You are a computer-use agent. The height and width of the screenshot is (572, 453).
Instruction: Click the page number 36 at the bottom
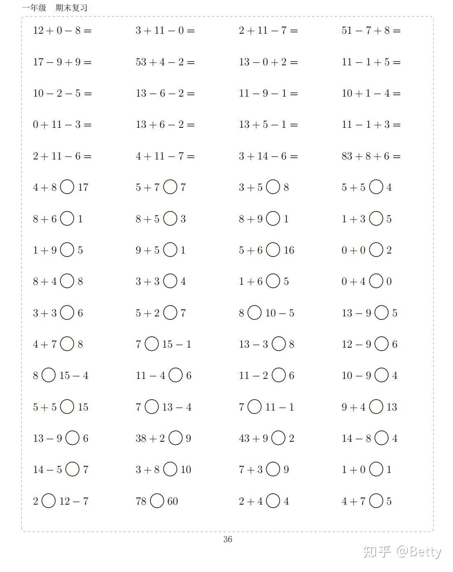click(228, 540)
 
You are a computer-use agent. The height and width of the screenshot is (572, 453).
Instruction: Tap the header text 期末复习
click(72, 8)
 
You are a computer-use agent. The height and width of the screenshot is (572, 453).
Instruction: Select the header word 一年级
click(34, 8)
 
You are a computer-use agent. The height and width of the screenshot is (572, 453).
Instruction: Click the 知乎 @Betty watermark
click(402, 551)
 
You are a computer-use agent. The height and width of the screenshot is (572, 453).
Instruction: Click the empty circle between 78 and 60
click(157, 501)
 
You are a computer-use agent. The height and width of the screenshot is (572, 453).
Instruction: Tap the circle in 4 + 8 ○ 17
click(67, 187)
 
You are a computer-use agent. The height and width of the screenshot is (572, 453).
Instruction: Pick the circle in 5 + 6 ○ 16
click(273, 250)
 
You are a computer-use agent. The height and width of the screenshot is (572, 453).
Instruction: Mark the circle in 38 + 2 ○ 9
click(176, 438)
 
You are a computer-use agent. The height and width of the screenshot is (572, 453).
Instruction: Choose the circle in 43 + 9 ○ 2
click(279, 438)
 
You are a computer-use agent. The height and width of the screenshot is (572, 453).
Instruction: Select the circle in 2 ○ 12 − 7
click(49, 501)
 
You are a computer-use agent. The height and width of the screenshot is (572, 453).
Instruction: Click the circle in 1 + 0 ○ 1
click(376, 469)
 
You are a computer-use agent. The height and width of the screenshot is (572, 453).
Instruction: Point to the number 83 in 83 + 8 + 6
click(347, 156)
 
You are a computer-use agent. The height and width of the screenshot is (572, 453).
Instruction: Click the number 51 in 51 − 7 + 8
click(347, 30)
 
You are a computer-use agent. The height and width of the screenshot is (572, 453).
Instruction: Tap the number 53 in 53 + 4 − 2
click(141, 62)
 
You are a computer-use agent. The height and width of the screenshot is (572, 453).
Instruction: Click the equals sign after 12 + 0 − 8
click(87, 31)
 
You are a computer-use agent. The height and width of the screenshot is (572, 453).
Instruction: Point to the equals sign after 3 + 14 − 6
click(293, 157)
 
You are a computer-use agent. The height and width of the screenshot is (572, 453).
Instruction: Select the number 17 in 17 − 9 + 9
click(38, 62)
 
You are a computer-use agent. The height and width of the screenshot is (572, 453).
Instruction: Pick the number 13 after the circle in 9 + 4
click(391, 407)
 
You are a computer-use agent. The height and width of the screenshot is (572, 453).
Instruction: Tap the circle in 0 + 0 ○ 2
click(376, 250)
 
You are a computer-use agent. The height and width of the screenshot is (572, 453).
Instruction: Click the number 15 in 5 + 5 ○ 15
click(83, 407)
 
